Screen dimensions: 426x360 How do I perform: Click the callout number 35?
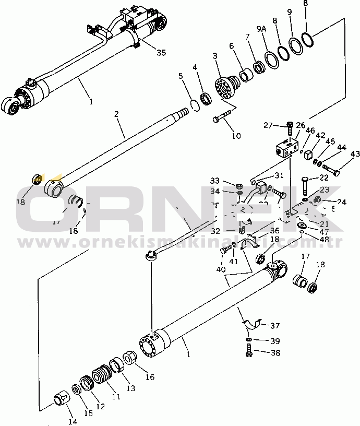161,52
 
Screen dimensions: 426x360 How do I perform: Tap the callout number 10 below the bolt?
236,136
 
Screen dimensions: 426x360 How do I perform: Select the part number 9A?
261,30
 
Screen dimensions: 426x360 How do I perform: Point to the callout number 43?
355,154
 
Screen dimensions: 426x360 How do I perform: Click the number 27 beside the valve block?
268,125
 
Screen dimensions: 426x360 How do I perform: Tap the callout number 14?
73,421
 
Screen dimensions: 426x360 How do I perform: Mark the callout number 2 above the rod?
117,114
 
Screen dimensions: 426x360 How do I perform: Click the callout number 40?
221,270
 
